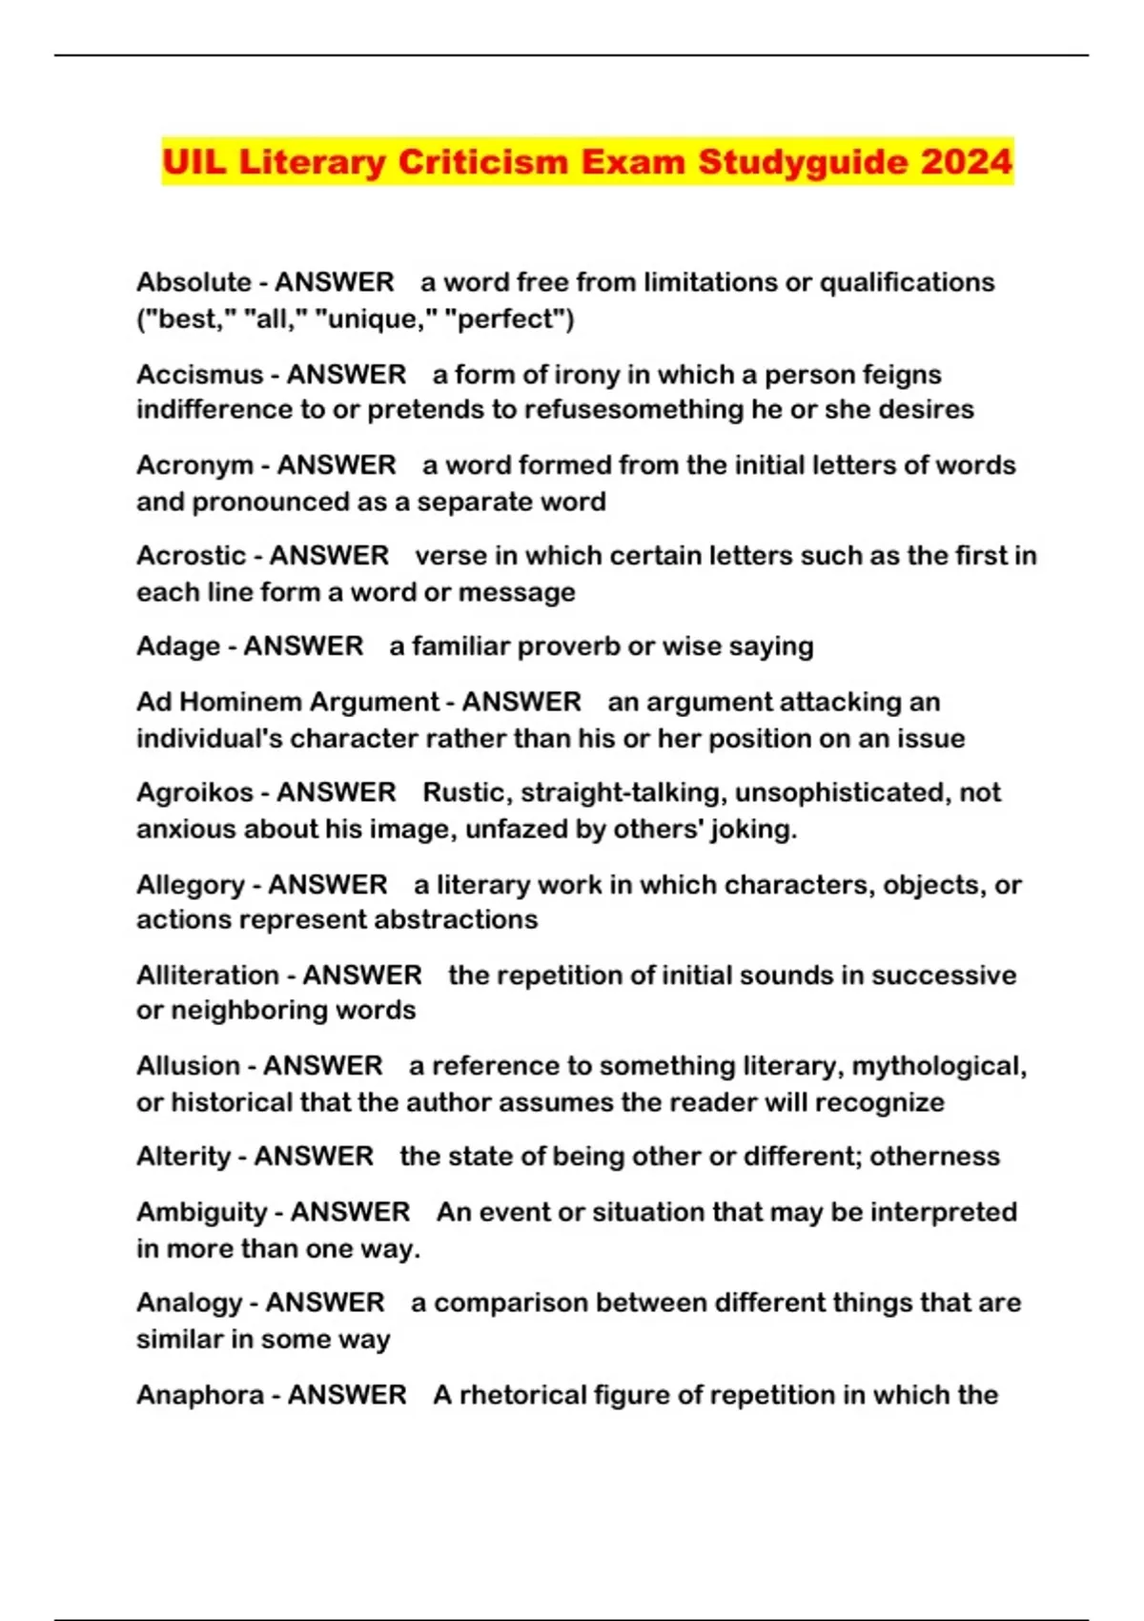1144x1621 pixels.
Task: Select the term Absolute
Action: (194, 282)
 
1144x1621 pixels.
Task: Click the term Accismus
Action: (199, 374)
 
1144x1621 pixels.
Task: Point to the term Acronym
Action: (194, 465)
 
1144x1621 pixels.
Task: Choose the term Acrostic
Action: (191, 555)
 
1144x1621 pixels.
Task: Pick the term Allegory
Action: (191, 885)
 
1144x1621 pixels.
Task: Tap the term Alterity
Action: (184, 1157)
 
